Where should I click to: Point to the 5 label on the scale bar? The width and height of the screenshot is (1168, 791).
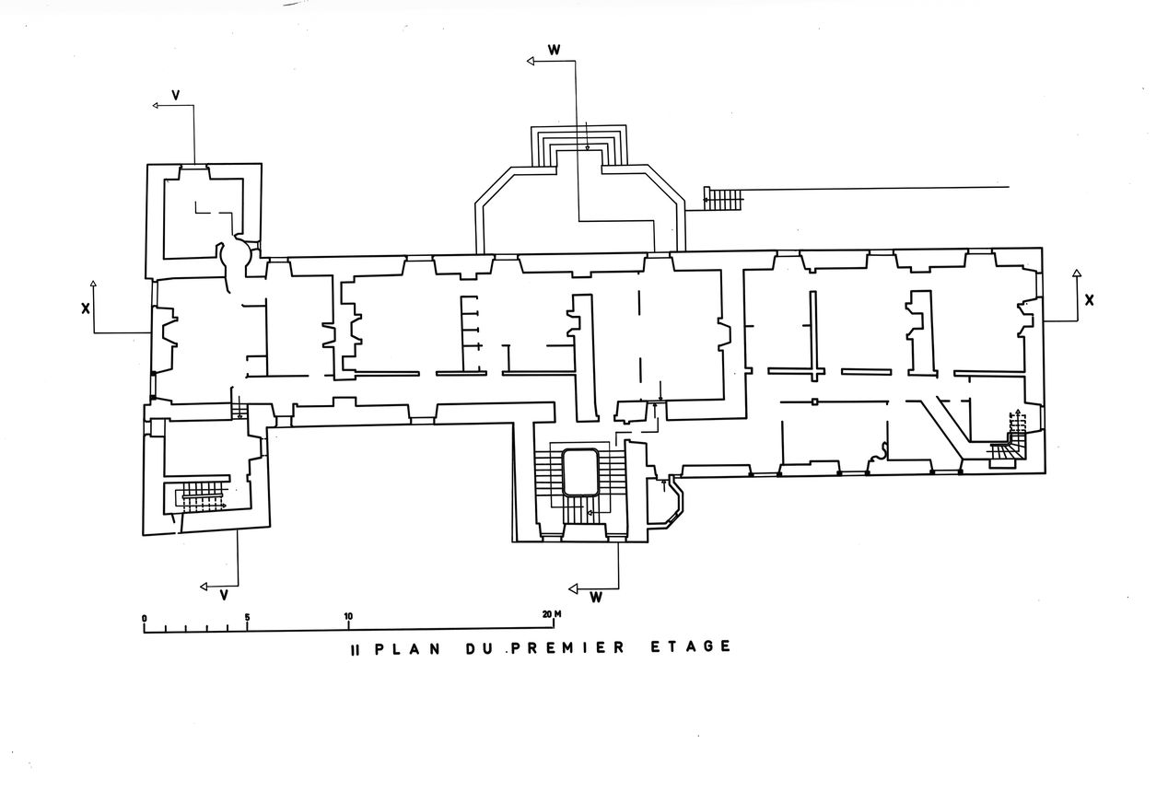[x=247, y=617]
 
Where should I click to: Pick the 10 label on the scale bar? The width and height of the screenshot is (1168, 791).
[x=348, y=617]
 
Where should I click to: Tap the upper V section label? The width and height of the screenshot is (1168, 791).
[x=175, y=93]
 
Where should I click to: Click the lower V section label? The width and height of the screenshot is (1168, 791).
[x=224, y=595]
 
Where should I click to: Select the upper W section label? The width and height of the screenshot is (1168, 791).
[x=554, y=49]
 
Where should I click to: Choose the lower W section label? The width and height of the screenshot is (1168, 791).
[x=596, y=598]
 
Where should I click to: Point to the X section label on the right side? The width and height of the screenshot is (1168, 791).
[x=1089, y=299]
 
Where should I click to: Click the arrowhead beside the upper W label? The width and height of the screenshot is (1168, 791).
[x=531, y=62]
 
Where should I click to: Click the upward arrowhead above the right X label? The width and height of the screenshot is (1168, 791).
[x=1076, y=273]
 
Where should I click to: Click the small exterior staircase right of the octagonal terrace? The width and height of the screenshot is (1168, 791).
[x=722, y=197]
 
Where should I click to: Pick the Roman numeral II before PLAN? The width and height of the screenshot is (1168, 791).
[x=354, y=648]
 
